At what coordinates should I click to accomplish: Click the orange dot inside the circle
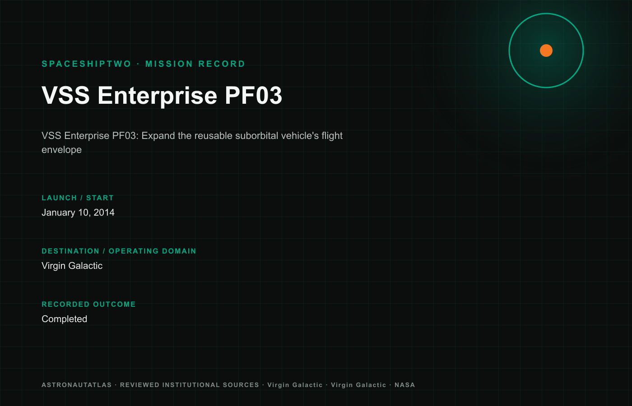tap(546, 51)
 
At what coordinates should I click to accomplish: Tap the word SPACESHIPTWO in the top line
tap(86, 64)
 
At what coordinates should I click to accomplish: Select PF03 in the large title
tap(253, 95)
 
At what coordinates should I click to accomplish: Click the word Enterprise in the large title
tap(158, 96)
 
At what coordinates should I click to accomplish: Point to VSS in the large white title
tap(66, 95)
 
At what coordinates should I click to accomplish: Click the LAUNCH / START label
tap(78, 198)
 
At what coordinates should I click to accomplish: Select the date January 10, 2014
tap(78, 212)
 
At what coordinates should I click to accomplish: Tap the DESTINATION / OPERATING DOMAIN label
tap(119, 251)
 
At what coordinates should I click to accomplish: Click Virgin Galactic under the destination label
tap(72, 266)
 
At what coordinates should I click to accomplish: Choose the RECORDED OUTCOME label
tap(88, 304)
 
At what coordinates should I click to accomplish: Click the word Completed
tap(64, 319)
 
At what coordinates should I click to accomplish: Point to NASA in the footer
tap(404, 385)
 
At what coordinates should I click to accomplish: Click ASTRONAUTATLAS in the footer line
tap(77, 385)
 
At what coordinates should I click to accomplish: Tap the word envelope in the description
tap(61, 150)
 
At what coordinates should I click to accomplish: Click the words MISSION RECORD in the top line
tap(195, 64)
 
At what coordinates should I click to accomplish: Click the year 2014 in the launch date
tap(104, 212)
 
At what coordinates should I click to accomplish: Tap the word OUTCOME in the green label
tap(114, 304)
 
